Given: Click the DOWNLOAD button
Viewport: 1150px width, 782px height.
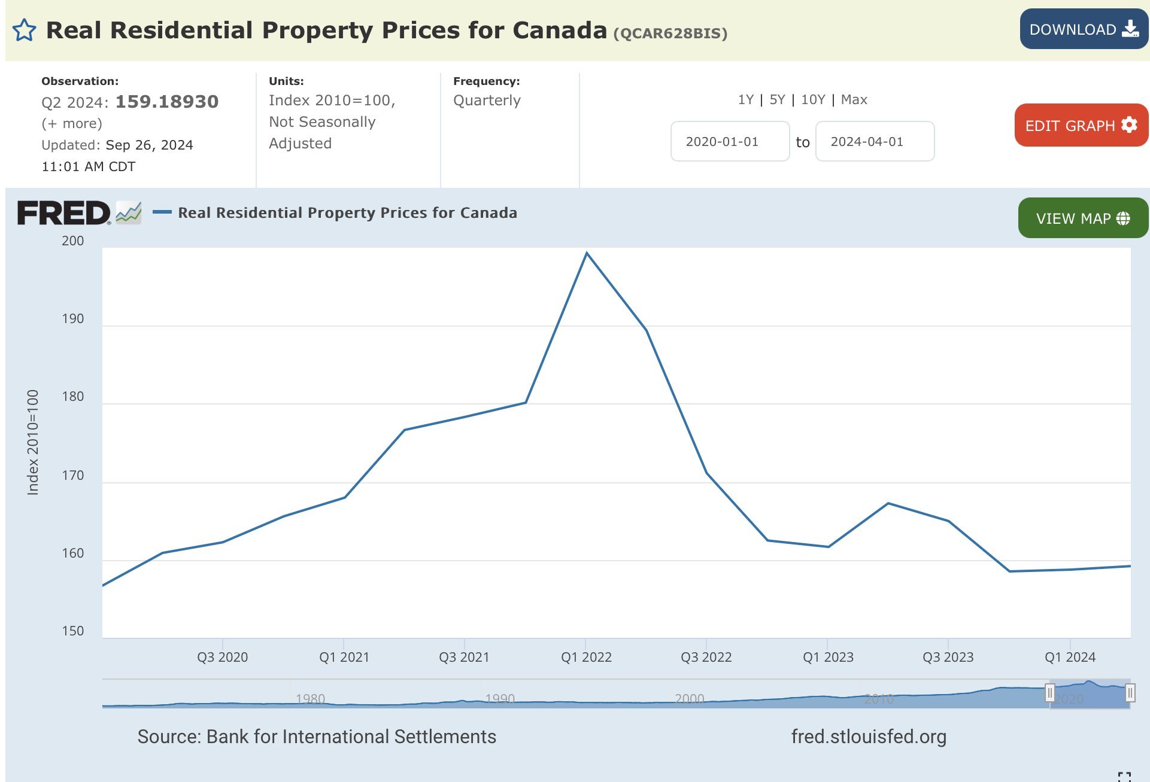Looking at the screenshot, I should coord(1084,29).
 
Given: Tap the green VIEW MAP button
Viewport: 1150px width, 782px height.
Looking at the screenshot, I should coord(1082,218).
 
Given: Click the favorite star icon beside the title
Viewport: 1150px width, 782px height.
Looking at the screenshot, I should coord(24,30).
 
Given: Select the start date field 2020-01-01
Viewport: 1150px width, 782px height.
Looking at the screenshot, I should coord(730,142).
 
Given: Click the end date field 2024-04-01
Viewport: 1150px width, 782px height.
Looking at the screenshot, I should coord(874,142).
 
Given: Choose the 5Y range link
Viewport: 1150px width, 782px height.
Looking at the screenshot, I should coord(777,100).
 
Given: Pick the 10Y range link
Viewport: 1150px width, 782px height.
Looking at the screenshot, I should coord(813,100).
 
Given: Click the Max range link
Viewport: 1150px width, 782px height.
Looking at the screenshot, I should coord(854,100).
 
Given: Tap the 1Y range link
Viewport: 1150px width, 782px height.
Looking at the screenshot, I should coord(745,100).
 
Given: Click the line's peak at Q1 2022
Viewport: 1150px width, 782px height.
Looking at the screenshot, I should coord(587,254).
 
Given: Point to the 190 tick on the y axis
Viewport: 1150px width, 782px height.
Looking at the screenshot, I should coord(73,319).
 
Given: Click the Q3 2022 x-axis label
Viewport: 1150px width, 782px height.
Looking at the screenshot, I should coord(706,657).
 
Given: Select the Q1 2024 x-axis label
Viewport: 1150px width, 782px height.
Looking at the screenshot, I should coord(1070,657).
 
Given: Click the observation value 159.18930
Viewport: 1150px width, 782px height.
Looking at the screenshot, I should coord(167,102).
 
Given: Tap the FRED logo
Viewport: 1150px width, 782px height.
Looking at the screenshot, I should coord(64,213).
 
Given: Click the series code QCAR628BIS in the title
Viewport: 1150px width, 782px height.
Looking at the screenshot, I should coord(670,34).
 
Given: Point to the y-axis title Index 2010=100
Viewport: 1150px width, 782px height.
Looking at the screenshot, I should coord(33,443).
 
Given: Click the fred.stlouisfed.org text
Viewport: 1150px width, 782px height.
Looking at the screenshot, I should coord(869,737).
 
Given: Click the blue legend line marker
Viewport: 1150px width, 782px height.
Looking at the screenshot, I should coord(162,212).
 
